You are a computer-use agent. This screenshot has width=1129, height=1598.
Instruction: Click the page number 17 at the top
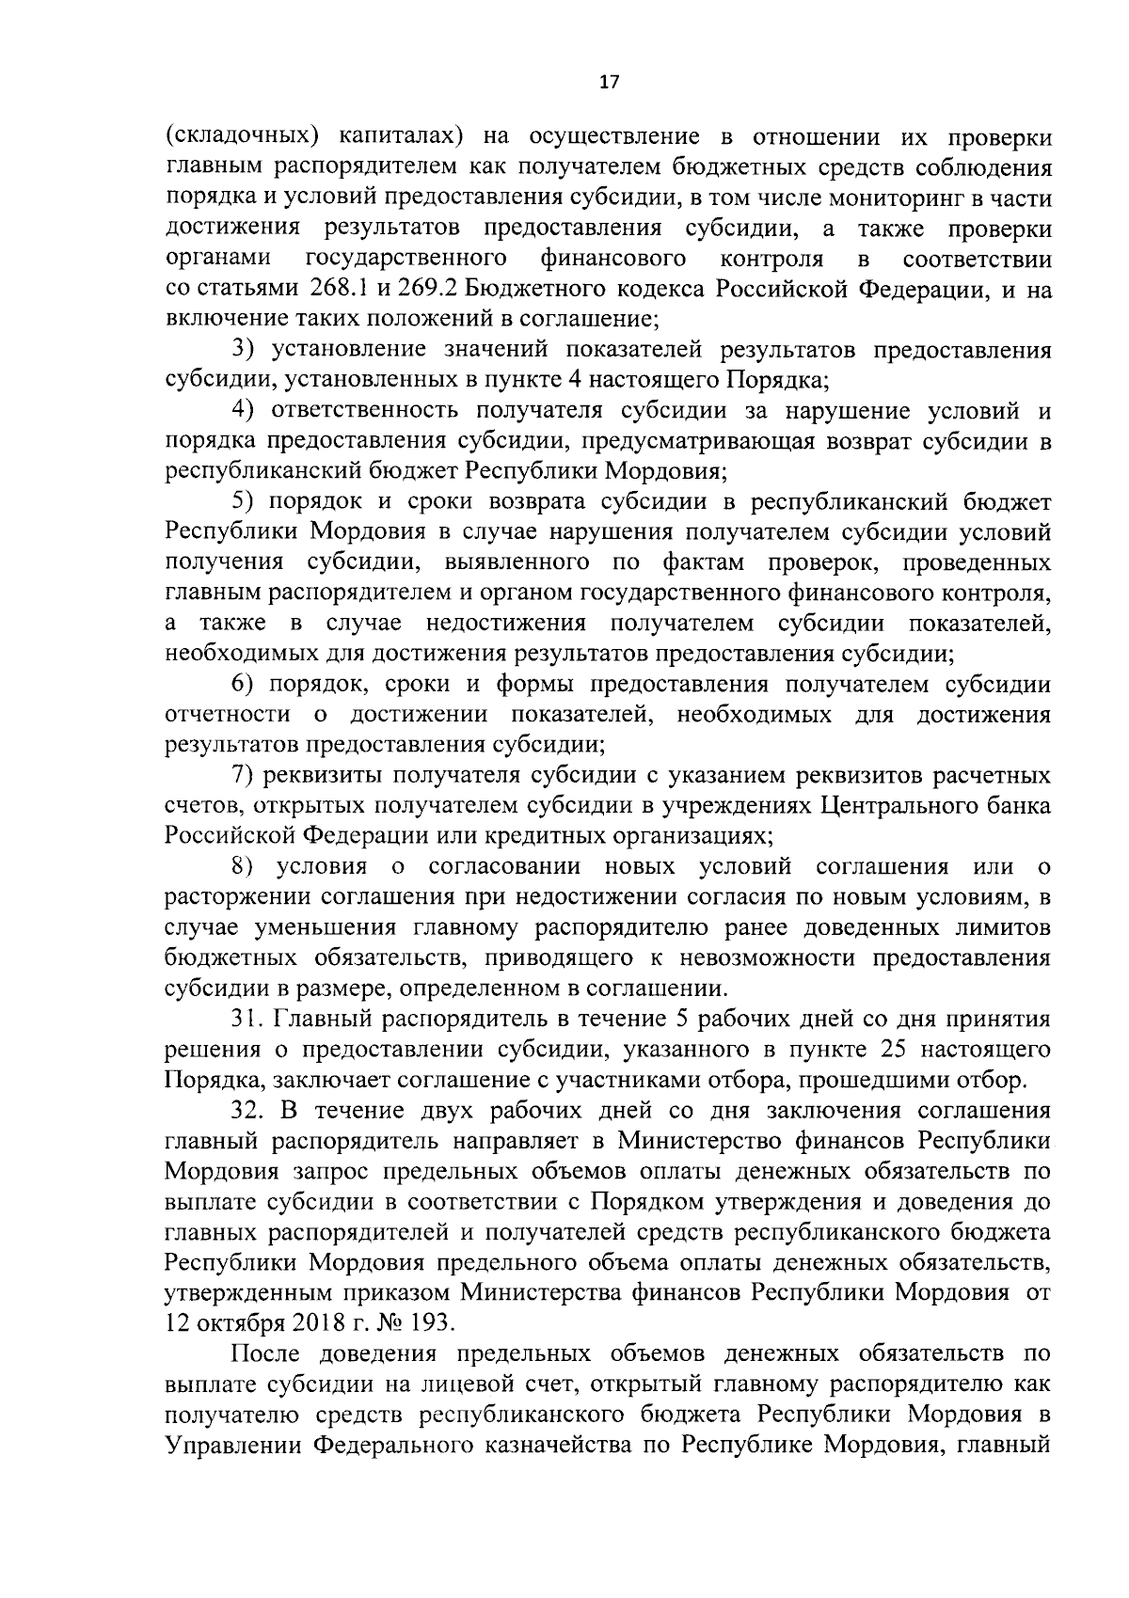609,82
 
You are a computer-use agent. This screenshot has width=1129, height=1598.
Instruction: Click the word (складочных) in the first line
239,137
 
